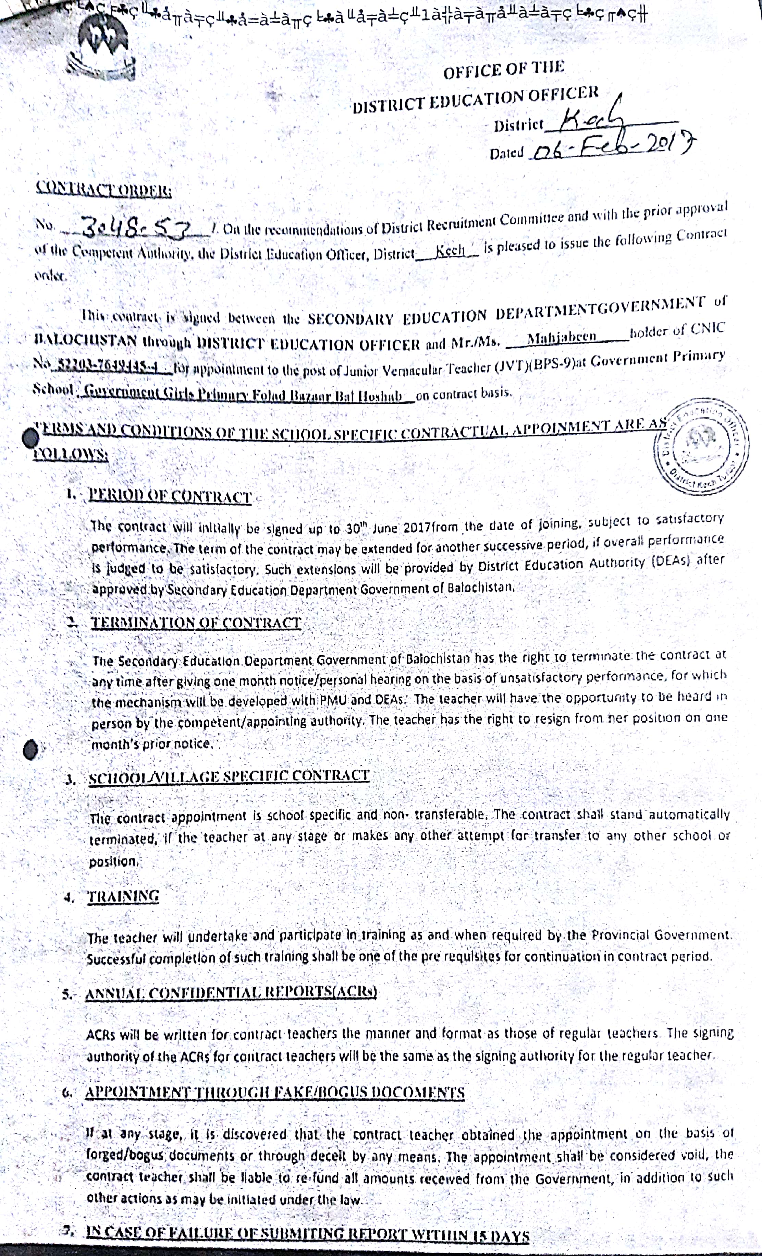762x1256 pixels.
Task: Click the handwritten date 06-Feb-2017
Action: (611, 148)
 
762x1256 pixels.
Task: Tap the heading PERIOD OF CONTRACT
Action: (170, 496)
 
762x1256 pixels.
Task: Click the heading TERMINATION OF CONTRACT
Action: (196, 623)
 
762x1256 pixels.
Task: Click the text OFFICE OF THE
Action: (503, 69)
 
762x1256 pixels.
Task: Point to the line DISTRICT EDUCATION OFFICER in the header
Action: (475, 100)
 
